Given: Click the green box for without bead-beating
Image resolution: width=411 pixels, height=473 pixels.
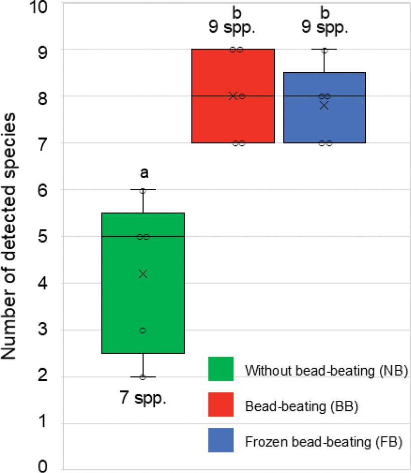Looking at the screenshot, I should pyautogui.click(x=143, y=301).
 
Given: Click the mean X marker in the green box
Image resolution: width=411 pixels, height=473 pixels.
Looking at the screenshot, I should pyautogui.click(x=143, y=273).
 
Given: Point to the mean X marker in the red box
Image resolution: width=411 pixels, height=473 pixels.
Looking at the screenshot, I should pyautogui.click(x=233, y=96).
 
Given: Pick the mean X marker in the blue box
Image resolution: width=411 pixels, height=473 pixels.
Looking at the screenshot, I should pyautogui.click(x=324, y=105).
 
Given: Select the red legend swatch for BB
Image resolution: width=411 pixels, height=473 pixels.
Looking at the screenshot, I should pyautogui.click(x=221, y=405).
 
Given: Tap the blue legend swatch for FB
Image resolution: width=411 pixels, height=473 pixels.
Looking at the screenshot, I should pyautogui.click(x=221, y=440).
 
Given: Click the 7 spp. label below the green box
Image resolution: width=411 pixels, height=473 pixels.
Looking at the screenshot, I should pyautogui.click(x=143, y=400).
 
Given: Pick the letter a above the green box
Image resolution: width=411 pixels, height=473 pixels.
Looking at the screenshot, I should pyautogui.click(x=144, y=174).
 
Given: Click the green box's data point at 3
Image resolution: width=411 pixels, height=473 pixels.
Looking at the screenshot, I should pyautogui.click(x=143, y=330).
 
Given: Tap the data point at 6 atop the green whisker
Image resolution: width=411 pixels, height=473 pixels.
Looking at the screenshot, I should pyautogui.click(x=143, y=191).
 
